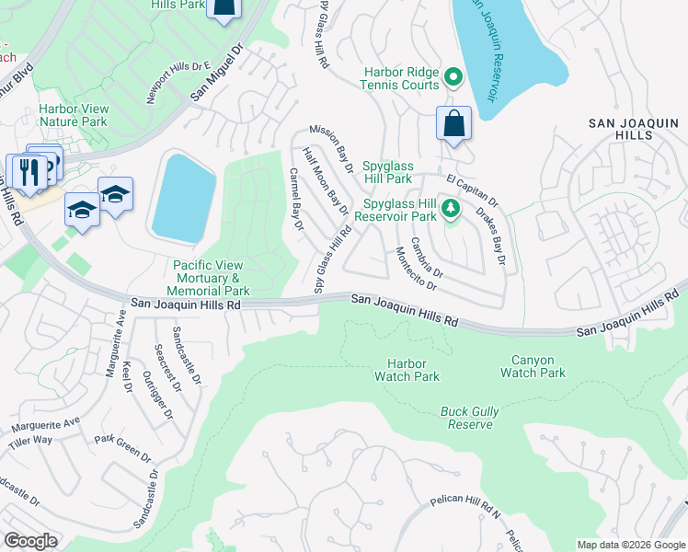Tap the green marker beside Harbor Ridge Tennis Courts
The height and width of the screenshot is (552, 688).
coord(453,76)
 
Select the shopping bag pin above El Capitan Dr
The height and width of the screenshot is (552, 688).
coord(453,124)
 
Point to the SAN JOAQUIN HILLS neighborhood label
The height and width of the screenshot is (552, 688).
coord(620,128)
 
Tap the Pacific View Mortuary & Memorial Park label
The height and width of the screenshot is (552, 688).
coord(208,277)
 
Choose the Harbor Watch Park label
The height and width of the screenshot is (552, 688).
coord(407,370)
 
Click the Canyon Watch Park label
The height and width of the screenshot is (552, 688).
coord(533,366)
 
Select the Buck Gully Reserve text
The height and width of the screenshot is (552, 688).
coord(470,417)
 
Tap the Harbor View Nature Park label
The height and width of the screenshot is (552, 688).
coord(74,115)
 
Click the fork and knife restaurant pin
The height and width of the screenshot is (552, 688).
coord(28,172)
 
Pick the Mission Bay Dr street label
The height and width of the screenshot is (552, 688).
coord(332,149)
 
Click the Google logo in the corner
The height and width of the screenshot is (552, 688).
coord(30,541)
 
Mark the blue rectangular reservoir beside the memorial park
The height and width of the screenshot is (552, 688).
coord(184,198)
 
